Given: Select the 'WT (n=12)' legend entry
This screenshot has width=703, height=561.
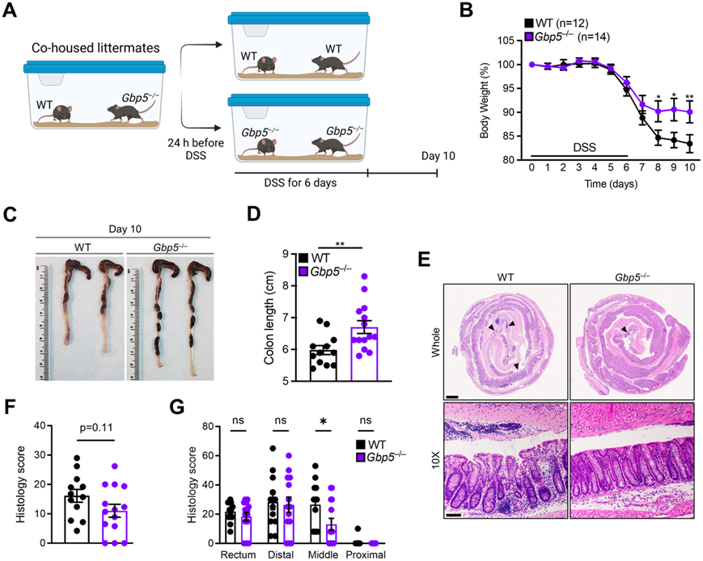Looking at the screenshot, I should (556, 23).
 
